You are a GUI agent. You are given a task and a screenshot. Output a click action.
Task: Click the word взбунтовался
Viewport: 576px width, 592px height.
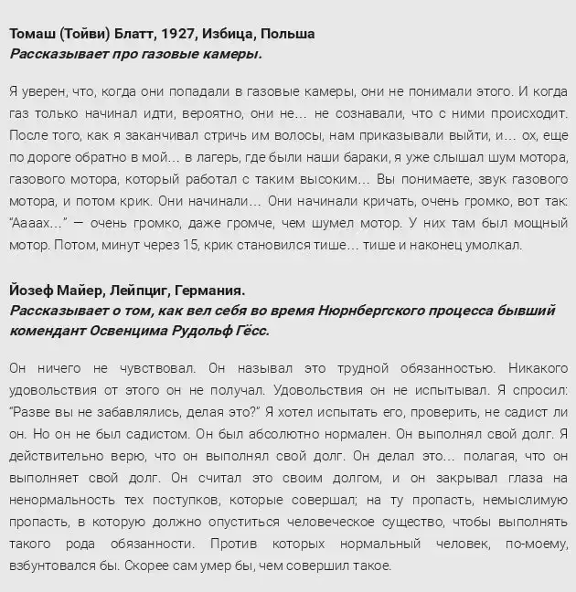pyautogui.click(x=54, y=565)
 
